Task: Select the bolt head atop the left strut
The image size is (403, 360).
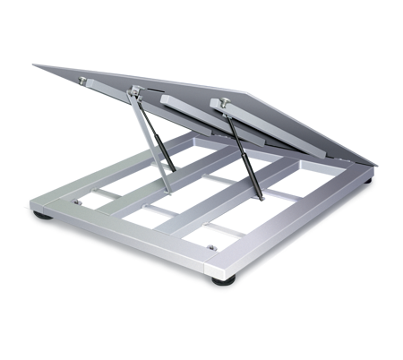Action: [x=137, y=90]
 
